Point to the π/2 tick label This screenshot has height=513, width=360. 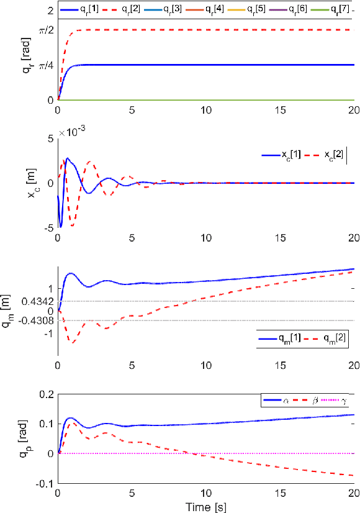45,30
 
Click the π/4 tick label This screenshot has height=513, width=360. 45,65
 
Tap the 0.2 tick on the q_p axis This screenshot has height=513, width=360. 45,394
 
